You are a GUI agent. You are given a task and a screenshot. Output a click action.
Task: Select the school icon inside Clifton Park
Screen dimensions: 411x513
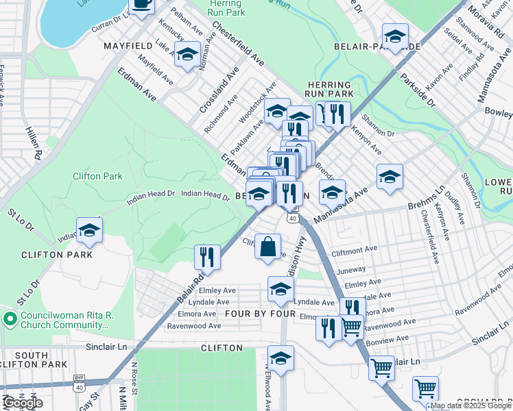pos(89,232)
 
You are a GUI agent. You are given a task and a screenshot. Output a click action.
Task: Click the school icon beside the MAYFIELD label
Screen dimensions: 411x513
pos(187,55)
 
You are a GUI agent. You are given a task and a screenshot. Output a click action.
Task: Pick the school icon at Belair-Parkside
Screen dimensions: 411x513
pos(395,36)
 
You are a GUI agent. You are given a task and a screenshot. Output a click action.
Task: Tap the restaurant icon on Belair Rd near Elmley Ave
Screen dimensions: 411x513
pos(207,258)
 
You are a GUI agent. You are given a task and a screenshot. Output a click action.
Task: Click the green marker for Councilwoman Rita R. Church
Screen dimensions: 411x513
pos(9,319)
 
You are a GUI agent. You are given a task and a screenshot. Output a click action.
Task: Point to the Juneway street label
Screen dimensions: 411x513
pos(351,271)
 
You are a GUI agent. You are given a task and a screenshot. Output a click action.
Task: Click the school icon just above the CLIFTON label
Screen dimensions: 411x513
pos(281,358)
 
